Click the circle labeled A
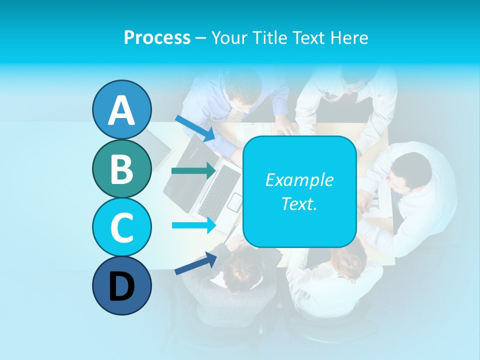pyautogui.click(x=121, y=109)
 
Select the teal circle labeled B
pyautogui.click(x=121, y=168)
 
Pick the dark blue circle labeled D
pyautogui.click(x=121, y=285)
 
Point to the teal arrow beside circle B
pyautogui.click(x=193, y=171)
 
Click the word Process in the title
pyautogui.click(x=157, y=37)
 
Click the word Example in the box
pyautogui.click(x=299, y=180)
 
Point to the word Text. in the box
pyautogui.click(x=299, y=203)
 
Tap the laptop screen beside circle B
pyautogui.click(x=185, y=170)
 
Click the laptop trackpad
pyautogui.click(x=234, y=201)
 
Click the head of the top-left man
pyautogui.click(x=243, y=90)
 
